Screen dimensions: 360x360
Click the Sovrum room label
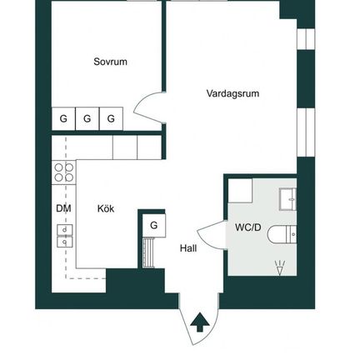coord(110,62)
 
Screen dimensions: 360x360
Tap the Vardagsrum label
coord(232,93)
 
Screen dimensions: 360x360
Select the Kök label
coord(106,208)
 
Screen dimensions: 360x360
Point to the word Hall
coord(188,248)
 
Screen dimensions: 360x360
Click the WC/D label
coord(248,227)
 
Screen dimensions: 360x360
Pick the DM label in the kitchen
coord(63,208)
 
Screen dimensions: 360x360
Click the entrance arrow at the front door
coord(200,322)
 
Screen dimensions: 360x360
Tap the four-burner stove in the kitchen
coord(63,172)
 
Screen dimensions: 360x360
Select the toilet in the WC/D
coord(282,235)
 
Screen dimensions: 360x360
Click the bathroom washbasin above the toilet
coord(287,199)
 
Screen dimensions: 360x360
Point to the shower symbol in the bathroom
coord(280,267)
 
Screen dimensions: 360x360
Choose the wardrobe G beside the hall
coord(154,225)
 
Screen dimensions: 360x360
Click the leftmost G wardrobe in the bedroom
coord(63,118)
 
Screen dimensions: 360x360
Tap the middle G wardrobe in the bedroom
coord(87,118)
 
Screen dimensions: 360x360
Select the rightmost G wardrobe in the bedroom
coord(111,118)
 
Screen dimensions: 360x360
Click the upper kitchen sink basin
coord(65,230)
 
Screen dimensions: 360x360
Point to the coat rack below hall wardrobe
coord(148,252)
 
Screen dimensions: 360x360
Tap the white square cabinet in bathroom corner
coord(240,191)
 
